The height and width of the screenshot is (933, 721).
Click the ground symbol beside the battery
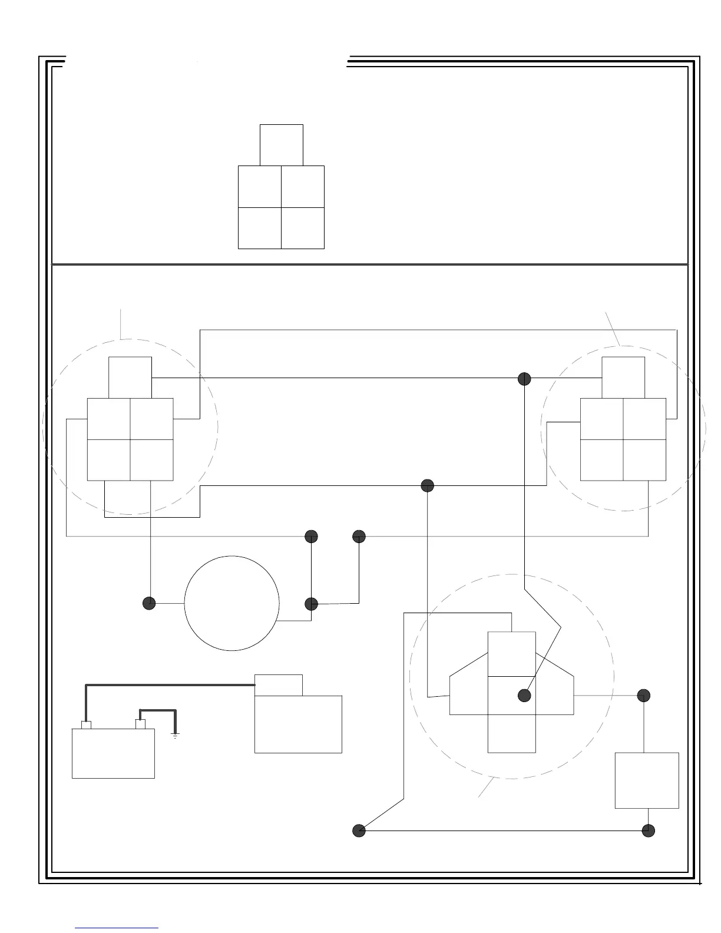(x=175, y=734)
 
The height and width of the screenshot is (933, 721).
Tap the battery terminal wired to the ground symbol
(x=140, y=724)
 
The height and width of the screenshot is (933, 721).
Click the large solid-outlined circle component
(x=231, y=603)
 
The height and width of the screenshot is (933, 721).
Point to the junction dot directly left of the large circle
(x=150, y=603)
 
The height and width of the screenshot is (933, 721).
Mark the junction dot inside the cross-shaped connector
(x=524, y=696)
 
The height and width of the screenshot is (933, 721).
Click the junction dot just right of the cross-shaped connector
(x=644, y=696)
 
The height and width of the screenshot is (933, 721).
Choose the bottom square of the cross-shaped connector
(x=512, y=733)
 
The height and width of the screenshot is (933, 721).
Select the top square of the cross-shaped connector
(x=512, y=654)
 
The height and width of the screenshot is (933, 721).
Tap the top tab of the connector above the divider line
(x=282, y=145)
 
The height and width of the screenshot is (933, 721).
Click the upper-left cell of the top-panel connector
(x=260, y=187)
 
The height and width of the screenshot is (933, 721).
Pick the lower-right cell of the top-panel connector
(x=303, y=228)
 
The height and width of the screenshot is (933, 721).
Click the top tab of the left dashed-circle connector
(x=130, y=378)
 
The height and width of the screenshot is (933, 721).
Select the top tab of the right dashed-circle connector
(x=623, y=378)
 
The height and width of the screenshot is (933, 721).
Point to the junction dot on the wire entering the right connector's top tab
(x=524, y=379)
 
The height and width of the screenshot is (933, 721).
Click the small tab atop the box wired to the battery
(x=279, y=685)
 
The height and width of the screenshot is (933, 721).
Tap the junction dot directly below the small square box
(x=648, y=831)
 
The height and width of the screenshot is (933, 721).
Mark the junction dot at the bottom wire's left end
(x=359, y=831)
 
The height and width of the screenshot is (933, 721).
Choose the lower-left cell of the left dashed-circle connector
(x=108, y=460)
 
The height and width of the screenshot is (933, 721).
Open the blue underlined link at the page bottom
(x=117, y=928)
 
